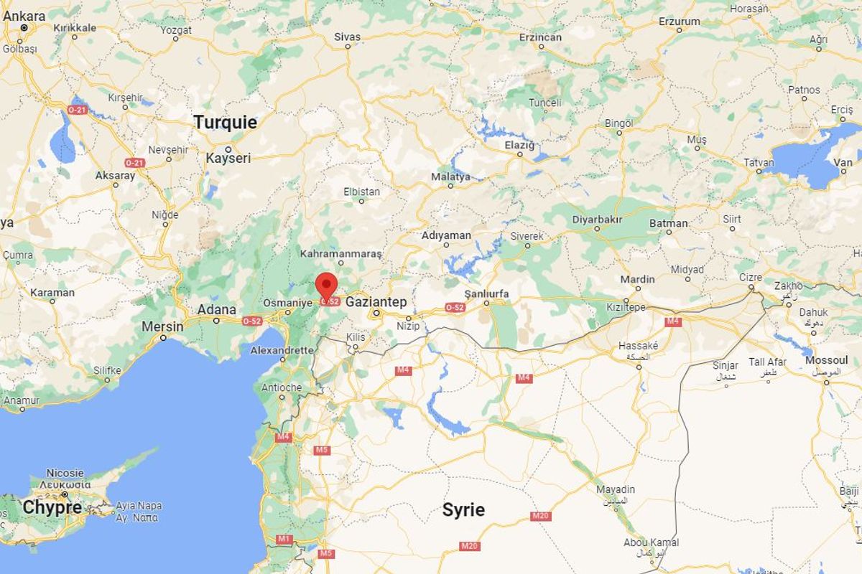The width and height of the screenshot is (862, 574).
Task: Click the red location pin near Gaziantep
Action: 326,286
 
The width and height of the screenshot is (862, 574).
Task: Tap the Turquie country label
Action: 225,123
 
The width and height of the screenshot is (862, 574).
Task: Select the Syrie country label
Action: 463,510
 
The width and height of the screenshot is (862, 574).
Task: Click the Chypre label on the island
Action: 52,507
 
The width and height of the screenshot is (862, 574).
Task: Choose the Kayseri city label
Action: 228,158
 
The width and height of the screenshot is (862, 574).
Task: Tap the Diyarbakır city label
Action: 596,220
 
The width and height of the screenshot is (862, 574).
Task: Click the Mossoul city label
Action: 826,359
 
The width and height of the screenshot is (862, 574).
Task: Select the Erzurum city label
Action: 679,22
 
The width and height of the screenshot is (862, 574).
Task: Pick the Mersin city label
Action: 162,326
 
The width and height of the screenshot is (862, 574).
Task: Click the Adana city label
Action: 217,310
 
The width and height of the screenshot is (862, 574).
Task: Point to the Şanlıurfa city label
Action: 486,294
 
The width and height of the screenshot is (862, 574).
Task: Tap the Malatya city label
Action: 450,177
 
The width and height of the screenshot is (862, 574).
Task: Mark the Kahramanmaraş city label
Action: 341,254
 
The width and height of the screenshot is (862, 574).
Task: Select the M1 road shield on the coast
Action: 284,539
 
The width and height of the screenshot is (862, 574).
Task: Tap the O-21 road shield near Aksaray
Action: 134,163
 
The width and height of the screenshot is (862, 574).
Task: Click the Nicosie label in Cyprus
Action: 65,473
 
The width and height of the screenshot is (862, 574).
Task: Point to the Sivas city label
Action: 347,36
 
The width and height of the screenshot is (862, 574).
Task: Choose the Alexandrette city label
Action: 282,350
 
